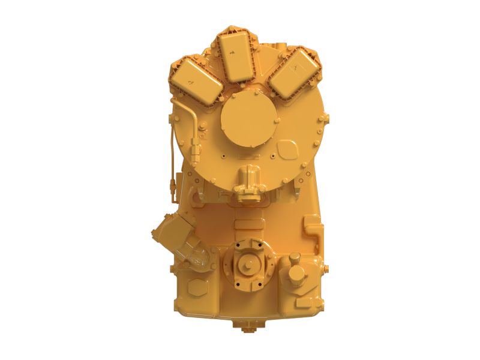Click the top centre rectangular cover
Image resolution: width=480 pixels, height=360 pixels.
(x=235, y=51)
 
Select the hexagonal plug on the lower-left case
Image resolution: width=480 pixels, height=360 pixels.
(x=196, y=288)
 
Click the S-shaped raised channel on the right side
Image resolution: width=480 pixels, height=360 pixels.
(x=313, y=228)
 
